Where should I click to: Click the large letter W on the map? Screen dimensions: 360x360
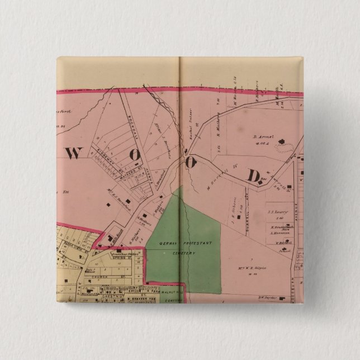click(x=74, y=153)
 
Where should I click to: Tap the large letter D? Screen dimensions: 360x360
click(x=253, y=176)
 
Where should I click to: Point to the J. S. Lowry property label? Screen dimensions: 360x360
click(x=278, y=212)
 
